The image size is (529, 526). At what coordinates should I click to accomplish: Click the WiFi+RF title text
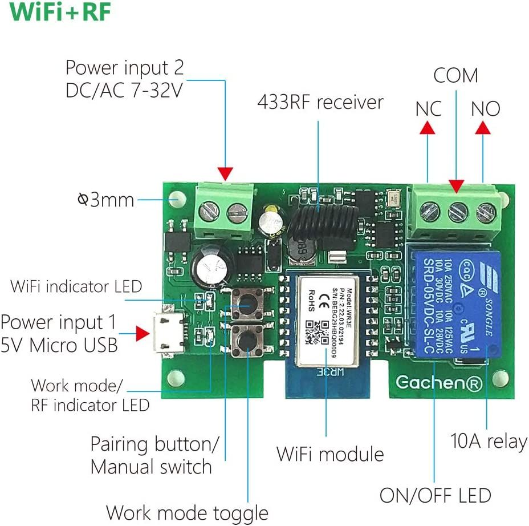click(60, 13)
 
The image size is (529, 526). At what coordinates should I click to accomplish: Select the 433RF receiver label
click(320, 103)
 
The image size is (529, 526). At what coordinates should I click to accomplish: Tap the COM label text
click(455, 76)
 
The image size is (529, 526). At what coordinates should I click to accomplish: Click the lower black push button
click(247, 341)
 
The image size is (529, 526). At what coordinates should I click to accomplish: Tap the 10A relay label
click(489, 442)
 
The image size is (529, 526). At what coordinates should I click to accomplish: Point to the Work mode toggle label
click(187, 512)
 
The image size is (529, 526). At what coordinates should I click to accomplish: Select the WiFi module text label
click(330, 454)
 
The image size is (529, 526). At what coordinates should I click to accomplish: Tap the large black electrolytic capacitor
click(211, 264)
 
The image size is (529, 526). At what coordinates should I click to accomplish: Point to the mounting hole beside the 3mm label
click(177, 200)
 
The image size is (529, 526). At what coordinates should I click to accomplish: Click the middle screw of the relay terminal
click(456, 212)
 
